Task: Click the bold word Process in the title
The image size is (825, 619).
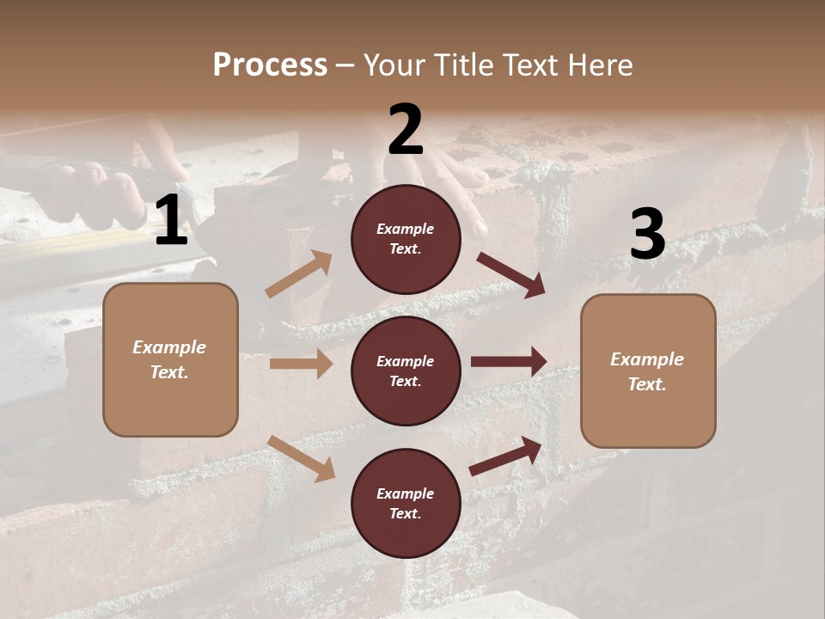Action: [x=270, y=64]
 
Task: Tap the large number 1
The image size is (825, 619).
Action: [x=171, y=221]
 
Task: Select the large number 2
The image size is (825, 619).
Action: [x=406, y=130]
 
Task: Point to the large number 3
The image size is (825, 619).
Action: [x=647, y=234]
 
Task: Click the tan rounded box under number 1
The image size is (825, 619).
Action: [x=170, y=359]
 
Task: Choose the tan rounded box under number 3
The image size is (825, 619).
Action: [x=648, y=371]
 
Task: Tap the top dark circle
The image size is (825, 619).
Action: [x=406, y=239]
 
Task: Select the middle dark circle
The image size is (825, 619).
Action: [x=406, y=371]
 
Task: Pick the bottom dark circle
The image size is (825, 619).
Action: [x=406, y=503]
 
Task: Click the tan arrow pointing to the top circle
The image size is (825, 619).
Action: [x=299, y=274]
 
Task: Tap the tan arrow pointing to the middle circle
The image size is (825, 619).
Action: [x=301, y=364]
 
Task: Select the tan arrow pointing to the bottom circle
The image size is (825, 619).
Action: [x=301, y=457]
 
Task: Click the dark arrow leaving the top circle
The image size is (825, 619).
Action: [x=511, y=274]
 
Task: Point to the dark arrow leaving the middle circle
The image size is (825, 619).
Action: [x=509, y=362]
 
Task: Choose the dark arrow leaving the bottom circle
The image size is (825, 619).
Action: [x=506, y=456]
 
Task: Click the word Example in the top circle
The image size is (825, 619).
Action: [x=406, y=229]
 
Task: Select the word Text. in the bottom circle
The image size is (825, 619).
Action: [x=406, y=513]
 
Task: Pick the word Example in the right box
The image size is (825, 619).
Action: [x=647, y=359]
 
